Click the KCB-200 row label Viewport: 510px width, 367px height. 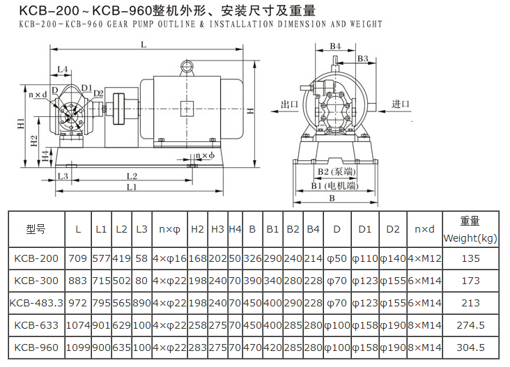pyautogui.click(x=36, y=258)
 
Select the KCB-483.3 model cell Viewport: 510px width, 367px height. pyautogui.click(x=36, y=303)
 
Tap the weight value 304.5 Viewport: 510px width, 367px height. pyautogui.click(x=470, y=348)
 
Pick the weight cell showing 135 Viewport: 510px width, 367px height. pyautogui.click(x=470, y=258)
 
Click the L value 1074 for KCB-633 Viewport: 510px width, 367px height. pyautogui.click(x=78, y=325)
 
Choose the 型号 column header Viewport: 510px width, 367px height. pyautogui.click(x=36, y=228)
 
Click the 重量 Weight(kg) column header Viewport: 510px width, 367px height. pyautogui.click(x=470, y=228)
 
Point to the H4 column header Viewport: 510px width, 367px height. pyautogui.click(x=235, y=228)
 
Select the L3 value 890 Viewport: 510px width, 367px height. pyautogui.click(x=141, y=303)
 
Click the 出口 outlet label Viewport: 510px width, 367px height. pyautogui.click(x=289, y=104)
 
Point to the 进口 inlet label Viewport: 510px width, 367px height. pyautogui.click(x=400, y=104)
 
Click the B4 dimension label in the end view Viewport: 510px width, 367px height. pyautogui.click(x=335, y=47)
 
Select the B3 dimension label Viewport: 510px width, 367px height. pyautogui.click(x=362, y=59)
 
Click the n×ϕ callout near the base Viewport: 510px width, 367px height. pyautogui.click(x=206, y=155)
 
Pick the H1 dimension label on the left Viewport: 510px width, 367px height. pyautogui.click(x=21, y=123)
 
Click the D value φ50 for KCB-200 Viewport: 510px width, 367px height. pyautogui.click(x=337, y=258)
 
